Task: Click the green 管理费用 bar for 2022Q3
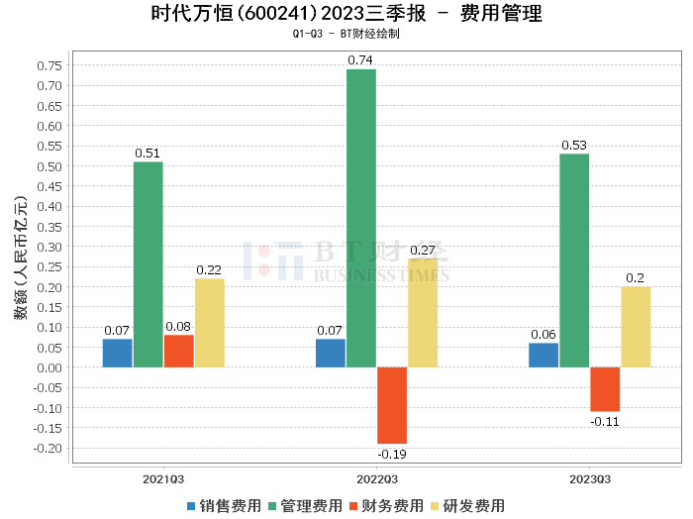coord(361,218)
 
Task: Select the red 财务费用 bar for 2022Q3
coord(392,405)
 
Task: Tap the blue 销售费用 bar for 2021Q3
coord(117,353)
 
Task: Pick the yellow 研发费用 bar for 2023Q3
coord(636,327)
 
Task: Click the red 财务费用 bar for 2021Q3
coord(178,351)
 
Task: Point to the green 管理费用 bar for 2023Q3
coord(574,260)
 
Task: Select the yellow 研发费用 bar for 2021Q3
coord(209,323)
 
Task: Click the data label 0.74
coord(360,60)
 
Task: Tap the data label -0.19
coord(392,454)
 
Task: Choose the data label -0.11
coord(605,421)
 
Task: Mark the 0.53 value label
coord(574,146)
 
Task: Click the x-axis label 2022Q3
coord(376,478)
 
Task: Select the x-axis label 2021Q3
coord(163,478)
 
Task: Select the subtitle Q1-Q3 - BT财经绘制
coord(346,34)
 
